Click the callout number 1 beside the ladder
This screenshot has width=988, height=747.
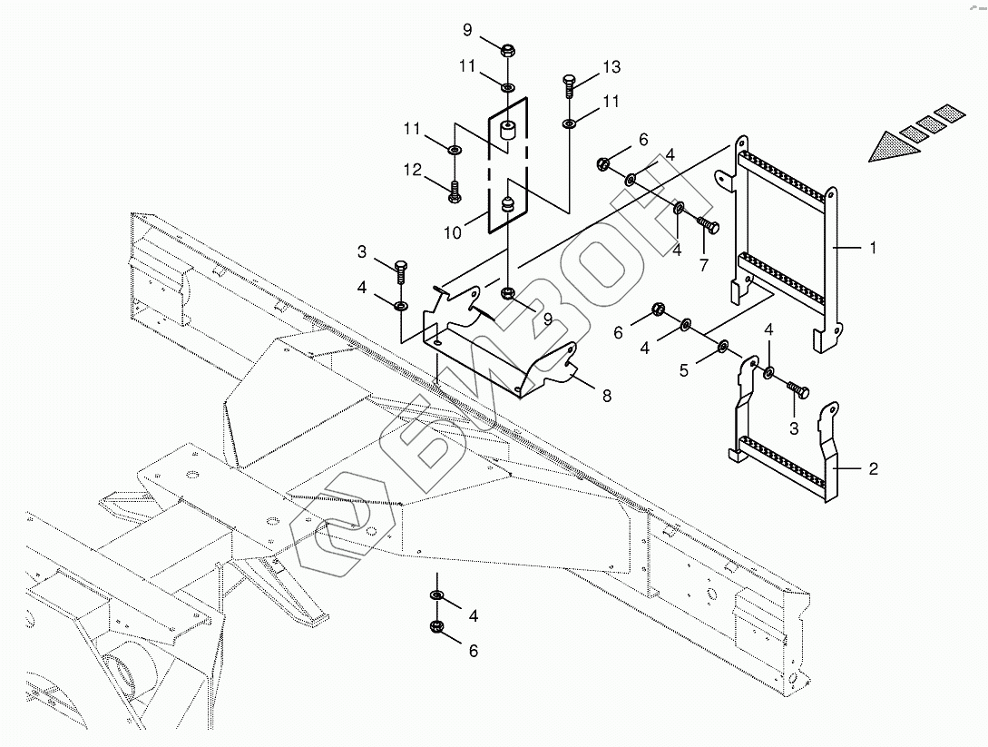pyautogui.click(x=873, y=247)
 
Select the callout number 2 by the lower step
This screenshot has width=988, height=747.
pyautogui.click(x=873, y=469)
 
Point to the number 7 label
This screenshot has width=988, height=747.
pyautogui.click(x=703, y=265)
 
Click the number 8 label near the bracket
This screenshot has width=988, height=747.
pyautogui.click(x=605, y=395)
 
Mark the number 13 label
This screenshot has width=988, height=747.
pyautogui.click(x=611, y=67)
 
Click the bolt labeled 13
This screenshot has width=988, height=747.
pyautogui.click(x=570, y=86)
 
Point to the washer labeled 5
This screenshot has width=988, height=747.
pyautogui.click(x=724, y=346)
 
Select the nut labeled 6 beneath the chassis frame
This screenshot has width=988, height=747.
pyautogui.click(x=436, y=626)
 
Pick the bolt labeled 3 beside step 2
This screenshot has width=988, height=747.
pyautogui.click(x=798, y=389)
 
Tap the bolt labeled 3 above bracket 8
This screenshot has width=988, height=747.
pyautogui.click(x=400, y=269)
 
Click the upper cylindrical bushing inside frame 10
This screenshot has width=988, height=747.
pyautogui.click(x=506, y=133)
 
